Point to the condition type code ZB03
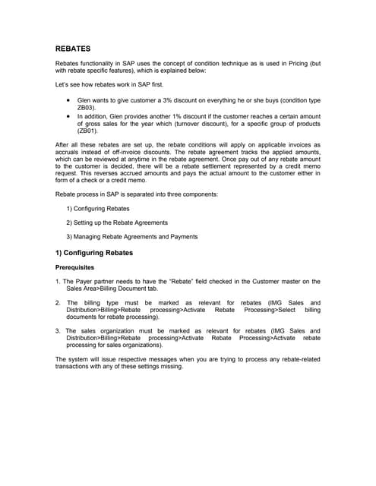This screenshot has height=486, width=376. [87, 108]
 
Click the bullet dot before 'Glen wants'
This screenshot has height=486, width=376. [69, 100]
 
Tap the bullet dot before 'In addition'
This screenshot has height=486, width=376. [69, 115]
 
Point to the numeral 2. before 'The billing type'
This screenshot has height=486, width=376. [58, 303]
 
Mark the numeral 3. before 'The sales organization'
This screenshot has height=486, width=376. [58, 330]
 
